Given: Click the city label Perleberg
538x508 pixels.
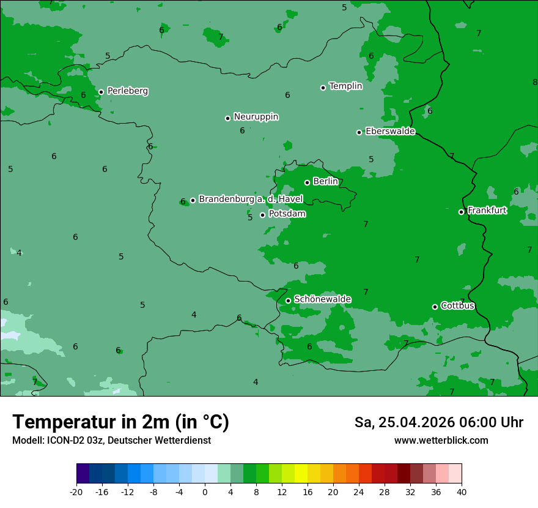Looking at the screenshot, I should [x=127, y=91].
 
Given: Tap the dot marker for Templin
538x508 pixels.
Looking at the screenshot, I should [x=323, y=88].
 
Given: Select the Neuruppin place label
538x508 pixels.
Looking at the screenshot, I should [x=256, y=116].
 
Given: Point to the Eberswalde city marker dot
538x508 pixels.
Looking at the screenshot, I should [x=359, y=132].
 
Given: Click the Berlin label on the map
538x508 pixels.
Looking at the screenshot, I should [x=325, y=181].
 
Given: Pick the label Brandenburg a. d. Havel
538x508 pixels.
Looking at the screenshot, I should [x=251, y=199].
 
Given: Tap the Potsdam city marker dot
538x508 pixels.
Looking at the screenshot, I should [x=262, y=215].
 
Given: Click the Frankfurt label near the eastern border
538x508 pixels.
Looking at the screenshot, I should [x=487, y=211].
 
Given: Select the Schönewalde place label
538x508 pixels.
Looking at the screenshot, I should [x=322, y=299].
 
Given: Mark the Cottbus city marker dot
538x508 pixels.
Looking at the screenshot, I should [x=435, y=307].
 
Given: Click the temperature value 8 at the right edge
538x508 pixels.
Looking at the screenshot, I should [x=535, y=82].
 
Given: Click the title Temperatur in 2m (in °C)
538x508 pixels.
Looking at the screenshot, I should [x=120, y=422].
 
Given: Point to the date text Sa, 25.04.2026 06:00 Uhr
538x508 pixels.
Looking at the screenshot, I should [x=438, y=422].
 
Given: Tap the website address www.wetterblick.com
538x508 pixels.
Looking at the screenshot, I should [x=441, y=441].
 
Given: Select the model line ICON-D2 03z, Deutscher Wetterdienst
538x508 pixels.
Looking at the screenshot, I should [x=111, y=441].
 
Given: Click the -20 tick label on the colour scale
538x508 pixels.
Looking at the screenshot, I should [x=76, y=491].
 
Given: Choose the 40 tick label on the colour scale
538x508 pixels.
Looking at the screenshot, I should [x=461, y=491].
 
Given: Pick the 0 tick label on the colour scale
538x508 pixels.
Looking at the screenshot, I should [x=205, y=491].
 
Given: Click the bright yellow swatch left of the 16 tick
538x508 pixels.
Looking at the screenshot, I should [x=301, y=474].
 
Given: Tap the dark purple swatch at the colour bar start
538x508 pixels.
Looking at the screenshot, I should [x=83, y=474].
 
